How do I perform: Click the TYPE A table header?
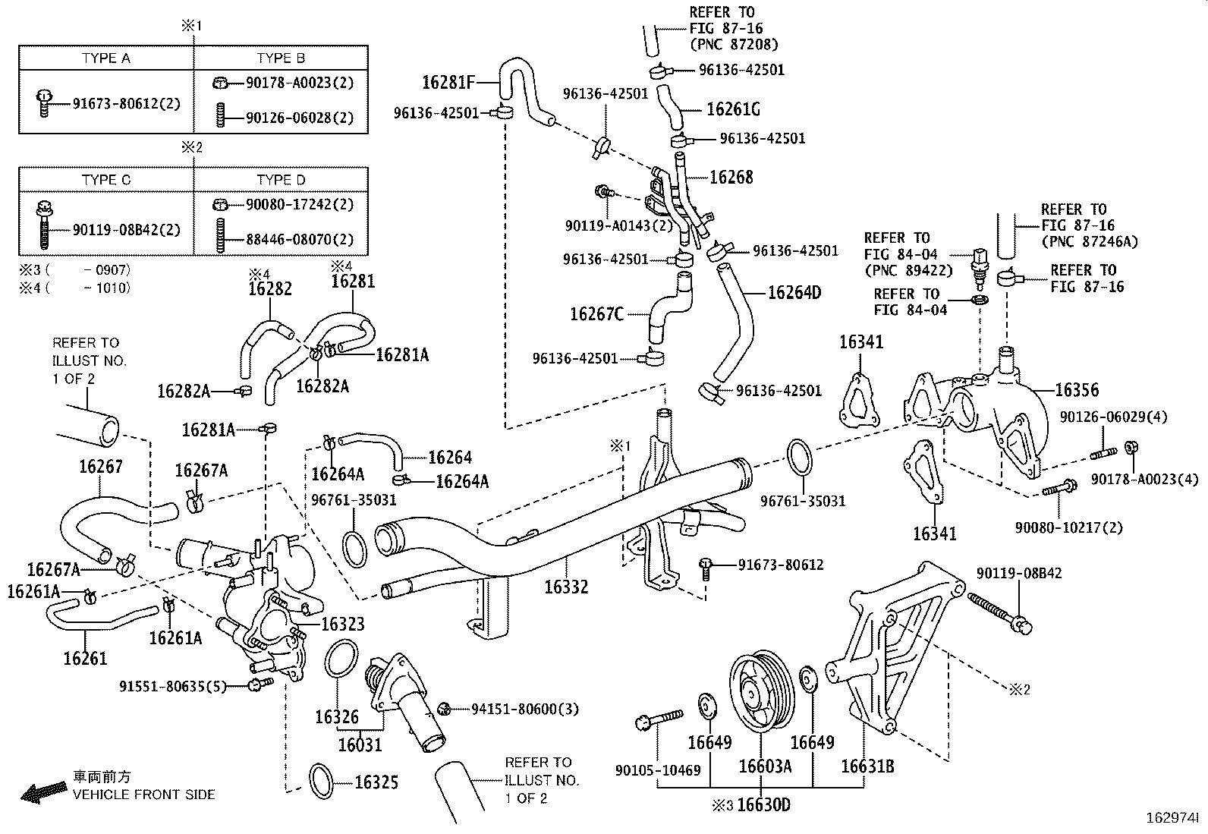click(105, 58)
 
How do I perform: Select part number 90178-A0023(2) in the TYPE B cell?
click(300, 83)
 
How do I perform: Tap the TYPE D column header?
click(281, 180)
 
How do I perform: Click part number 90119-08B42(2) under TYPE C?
click(127, 230)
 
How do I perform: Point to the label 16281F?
click(448, 82)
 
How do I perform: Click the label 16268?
click(731, 177)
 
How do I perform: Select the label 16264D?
click(794, 292)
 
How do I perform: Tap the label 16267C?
click(597, 314)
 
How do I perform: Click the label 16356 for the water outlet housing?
click(1077, 389)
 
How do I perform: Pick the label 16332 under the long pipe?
click(566, 587)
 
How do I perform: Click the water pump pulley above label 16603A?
click(762, 693)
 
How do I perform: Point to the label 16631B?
click(868, 766)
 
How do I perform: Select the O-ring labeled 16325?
click(322, 781)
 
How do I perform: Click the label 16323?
click(343, 624)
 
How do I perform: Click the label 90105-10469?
click(658, 770)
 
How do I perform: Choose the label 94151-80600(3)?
click(525, 709)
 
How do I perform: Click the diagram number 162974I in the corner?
click(1172, 818)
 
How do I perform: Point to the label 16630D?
click(763, 805)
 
